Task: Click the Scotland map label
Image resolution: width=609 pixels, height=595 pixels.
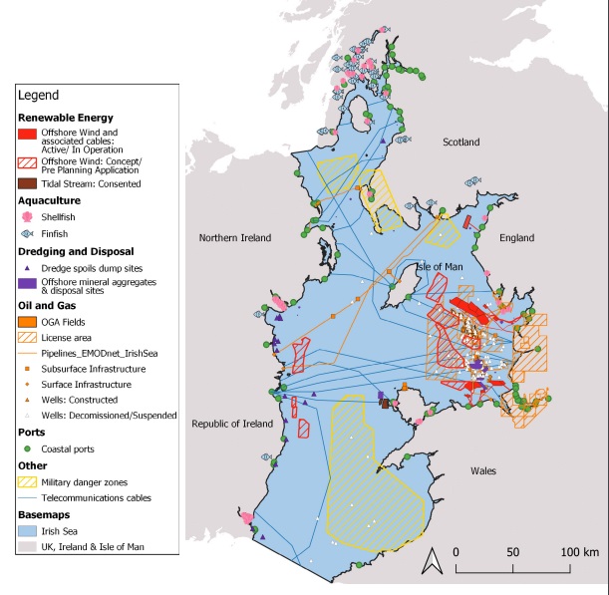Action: coord(461,143)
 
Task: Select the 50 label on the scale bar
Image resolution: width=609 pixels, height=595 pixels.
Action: coord(513,551)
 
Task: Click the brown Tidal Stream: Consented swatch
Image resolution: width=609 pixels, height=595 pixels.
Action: coord(28,183)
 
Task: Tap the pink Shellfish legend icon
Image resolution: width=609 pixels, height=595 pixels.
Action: coord(28,216)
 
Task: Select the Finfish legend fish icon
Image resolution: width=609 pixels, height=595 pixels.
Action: coord(28,233)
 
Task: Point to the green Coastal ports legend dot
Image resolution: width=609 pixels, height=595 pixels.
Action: coord(28,448)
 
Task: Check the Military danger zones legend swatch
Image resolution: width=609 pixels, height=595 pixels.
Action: coord(28,481)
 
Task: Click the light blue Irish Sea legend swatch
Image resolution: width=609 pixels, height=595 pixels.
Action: coord(28,531)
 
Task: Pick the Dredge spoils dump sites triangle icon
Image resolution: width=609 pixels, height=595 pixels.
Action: coord(28,267)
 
